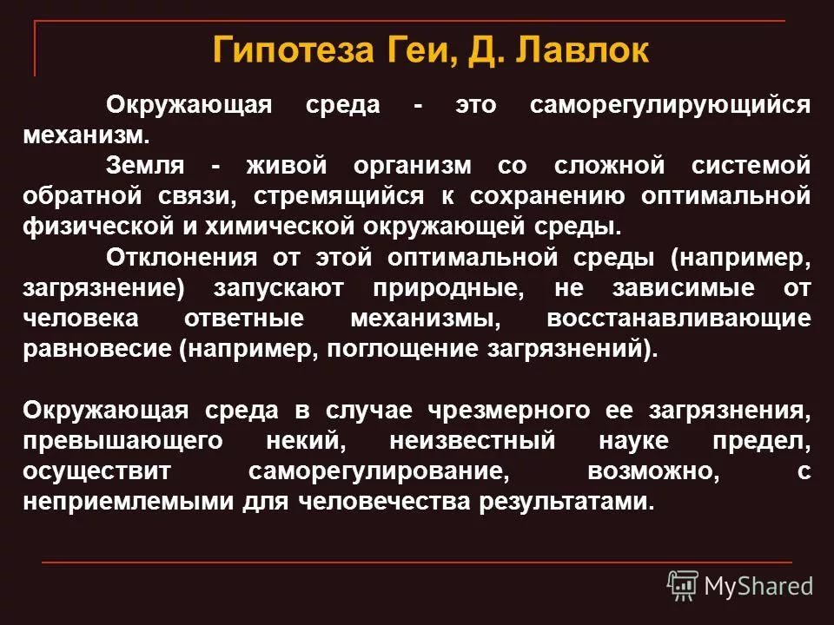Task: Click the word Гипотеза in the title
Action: click(x=294, y=50)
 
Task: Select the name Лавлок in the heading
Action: click(x=582, y=50)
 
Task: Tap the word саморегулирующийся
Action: click(x=670, y=105)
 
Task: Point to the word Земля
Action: click(x=145, y=165)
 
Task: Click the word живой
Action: click(x=287, y=165)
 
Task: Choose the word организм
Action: click(x=413, y=167)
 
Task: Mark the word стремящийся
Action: click(x=339, y=197)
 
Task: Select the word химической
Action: click(x=280, y=227)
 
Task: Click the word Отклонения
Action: click(x=182, y=258)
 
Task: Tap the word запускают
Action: click(x=279, y=288)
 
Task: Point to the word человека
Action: click(x=81, y=319)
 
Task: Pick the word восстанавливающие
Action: click(x=678, y=319)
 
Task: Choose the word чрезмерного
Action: click(x=509, y=411)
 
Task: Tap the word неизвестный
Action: click(x=473, y=441)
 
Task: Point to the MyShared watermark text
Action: click(x=758, y=586)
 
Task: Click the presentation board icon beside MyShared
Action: click(x=683, y=585)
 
